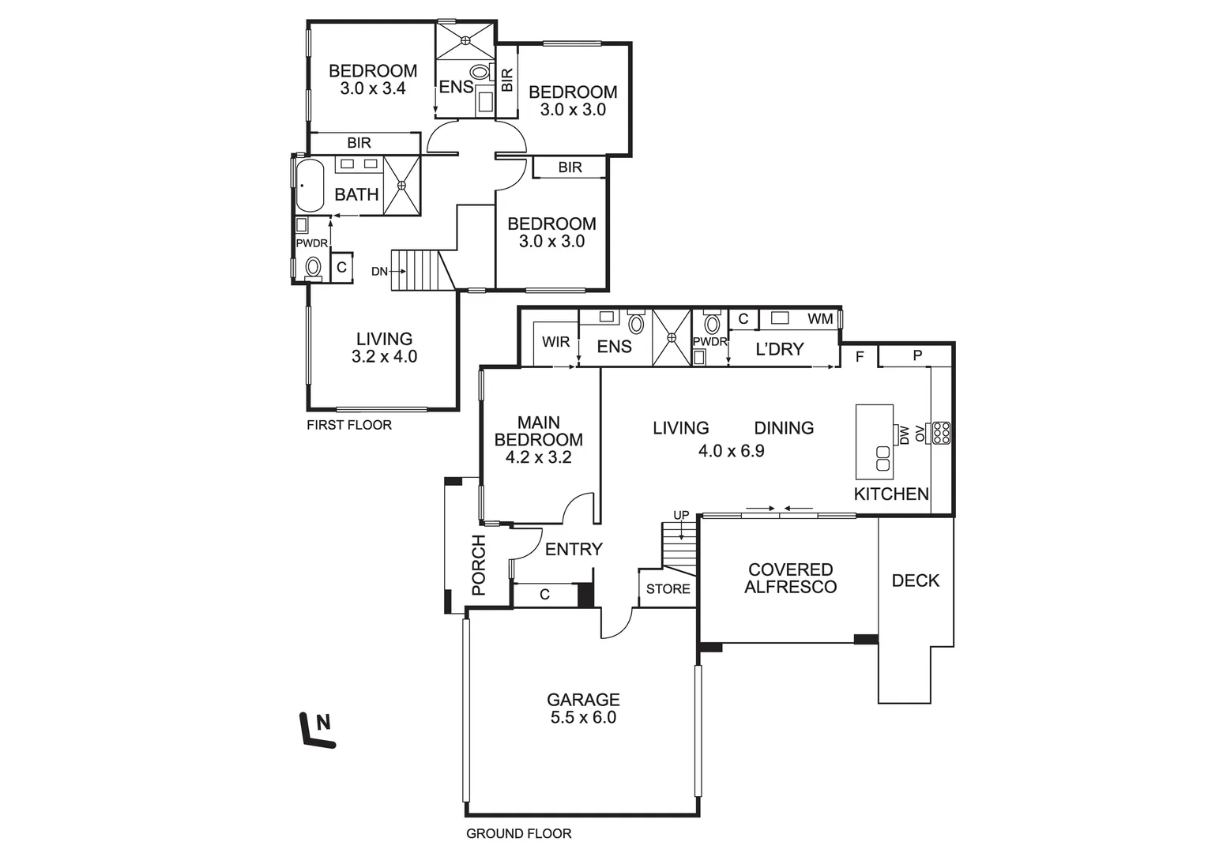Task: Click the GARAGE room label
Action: tap(583, 700)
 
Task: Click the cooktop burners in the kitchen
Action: tap(941, 433)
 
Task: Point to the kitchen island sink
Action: tap(882, 458)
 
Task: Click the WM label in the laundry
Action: tap(820, 318)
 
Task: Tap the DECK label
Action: tap(915, 581)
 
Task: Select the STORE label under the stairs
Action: tap(668, 589)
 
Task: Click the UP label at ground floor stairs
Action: tap(680, 515)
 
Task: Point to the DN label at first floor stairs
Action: tap(380, 272)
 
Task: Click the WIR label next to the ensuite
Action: tap(555, 342)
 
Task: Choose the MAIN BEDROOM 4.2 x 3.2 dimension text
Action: tap(538, 457)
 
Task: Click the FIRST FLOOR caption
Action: tap(348, 425)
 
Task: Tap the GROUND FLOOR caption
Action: tap(518, 833)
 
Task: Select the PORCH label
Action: tap(479, 566)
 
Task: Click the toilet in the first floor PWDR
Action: tap(314, 267)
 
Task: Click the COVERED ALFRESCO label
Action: tap(790, 578)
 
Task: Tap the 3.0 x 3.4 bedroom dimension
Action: tap(373, 88)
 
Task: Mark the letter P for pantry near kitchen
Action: tap(917, 356)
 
